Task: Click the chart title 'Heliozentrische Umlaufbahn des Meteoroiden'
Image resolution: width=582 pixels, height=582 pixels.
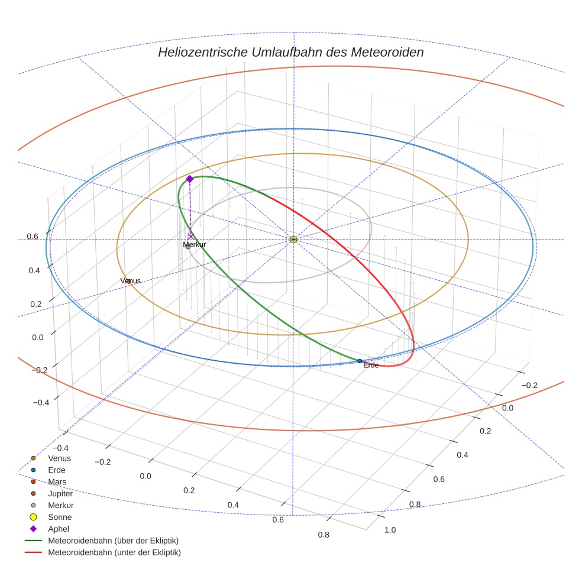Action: coord(290,52)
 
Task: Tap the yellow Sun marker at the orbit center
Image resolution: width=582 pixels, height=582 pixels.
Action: coord(293,239)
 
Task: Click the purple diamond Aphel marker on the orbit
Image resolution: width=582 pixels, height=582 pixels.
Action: coord(190,179)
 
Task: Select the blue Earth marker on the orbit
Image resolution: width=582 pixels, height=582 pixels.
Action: coord(360,361)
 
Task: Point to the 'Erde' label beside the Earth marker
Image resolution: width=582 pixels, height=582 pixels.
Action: coord(371,366)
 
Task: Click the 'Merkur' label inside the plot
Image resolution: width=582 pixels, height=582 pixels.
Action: coord(194,244)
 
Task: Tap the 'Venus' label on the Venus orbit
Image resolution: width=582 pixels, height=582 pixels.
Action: coord(131,280)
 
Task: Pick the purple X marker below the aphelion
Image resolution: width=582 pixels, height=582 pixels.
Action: coord(190,236)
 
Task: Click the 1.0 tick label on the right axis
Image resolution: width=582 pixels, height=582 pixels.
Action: coord(390,530)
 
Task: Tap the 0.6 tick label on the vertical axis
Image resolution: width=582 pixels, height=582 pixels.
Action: coord(33,237)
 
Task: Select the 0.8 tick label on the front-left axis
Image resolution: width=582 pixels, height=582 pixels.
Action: coord(323,535)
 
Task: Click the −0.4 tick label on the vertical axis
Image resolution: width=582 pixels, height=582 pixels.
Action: coord(41,402)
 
